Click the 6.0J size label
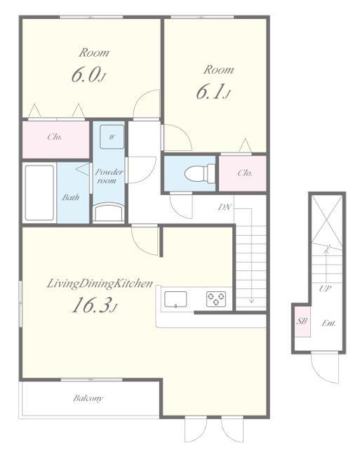[88, 74]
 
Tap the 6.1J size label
[213, 91]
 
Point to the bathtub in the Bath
[39, 193]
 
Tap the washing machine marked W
[112, 137]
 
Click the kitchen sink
[175, 299]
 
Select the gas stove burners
[216, 299]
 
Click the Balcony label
[88, 399]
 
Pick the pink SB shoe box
[302, 321]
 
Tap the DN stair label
[225, 206]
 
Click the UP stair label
[325, 288]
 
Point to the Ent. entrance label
[329, 323]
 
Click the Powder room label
[109, 176]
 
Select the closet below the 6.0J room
[56, 140]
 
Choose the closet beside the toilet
[242, 173]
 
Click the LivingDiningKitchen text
[100, 284]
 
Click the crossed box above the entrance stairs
[327, 221]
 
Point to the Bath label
[71, 197]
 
